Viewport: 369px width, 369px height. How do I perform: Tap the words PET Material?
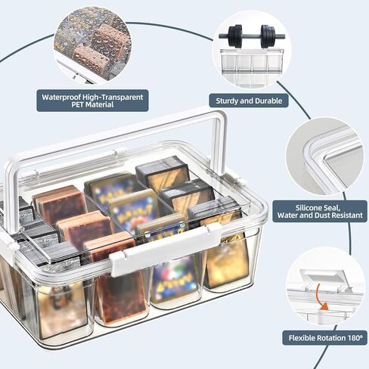tap(92, 105)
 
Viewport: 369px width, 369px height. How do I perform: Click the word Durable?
tap(268, 101)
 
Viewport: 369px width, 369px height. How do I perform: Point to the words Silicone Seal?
tap(318, 208)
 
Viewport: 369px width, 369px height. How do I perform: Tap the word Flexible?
tap(302, 338)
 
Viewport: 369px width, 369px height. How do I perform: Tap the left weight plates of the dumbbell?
tap(235, 36)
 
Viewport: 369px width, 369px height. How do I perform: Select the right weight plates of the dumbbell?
tap(268, 36)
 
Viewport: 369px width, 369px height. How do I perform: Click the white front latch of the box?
tap(165, 250)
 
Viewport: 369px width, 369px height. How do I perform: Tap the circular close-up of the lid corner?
tap(325, 157)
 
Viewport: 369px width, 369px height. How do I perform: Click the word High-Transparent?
tap(113, 97)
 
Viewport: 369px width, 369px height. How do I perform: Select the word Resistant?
tap(347, 216)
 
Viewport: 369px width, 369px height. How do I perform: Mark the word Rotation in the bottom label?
tap(330, 338)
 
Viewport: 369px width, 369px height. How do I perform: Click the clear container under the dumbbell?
tap(252, 67)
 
